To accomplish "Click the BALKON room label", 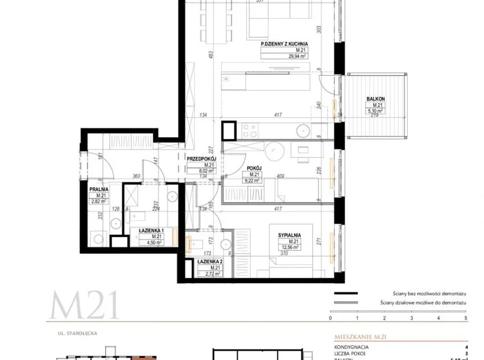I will tap(375, 99).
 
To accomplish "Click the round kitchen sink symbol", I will tap(303, 131).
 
